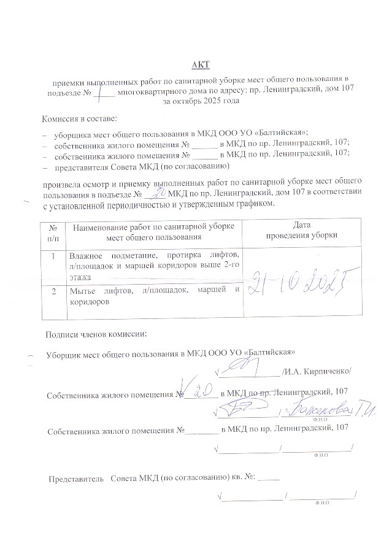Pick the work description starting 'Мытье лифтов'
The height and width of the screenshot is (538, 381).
pyautogui.click(x=153, y=296)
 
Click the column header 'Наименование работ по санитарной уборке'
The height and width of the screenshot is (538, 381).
pyautogui.click(x=153, y=227)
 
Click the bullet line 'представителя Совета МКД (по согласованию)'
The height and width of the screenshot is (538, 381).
pyautogui.click(x=142, y=166)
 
